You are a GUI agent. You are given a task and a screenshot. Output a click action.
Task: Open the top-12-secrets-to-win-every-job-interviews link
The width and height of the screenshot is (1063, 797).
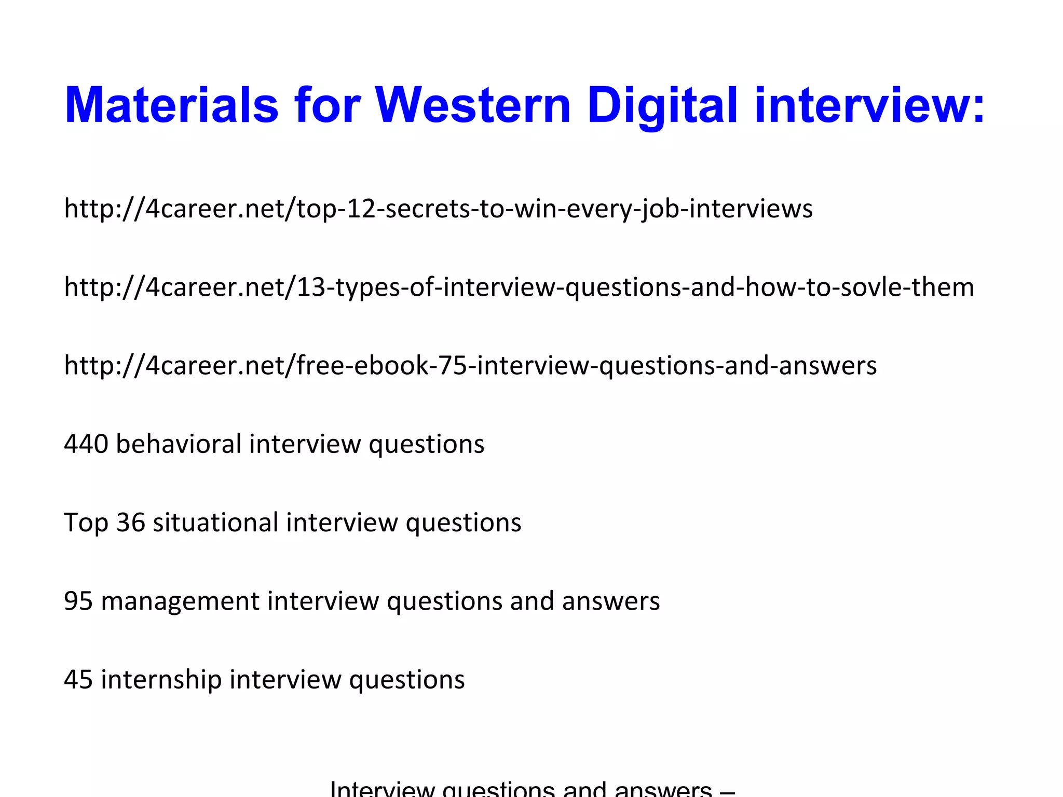(438, 209)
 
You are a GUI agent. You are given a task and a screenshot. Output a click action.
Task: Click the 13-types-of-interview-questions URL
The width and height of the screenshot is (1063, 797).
(519, 287)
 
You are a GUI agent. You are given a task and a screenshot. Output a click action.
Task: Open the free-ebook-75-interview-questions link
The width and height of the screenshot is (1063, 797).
(470, 365)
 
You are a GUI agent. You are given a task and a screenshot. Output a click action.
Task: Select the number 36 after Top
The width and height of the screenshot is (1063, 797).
(130, 523)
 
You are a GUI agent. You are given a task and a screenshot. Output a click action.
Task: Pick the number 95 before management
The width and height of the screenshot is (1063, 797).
(78, 601)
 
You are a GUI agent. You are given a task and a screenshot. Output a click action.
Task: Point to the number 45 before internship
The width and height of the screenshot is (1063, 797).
(78, 680)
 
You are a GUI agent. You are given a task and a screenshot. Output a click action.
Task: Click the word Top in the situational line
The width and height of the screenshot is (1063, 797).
(86, 523)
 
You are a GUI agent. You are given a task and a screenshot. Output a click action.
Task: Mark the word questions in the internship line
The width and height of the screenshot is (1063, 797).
(407, 680)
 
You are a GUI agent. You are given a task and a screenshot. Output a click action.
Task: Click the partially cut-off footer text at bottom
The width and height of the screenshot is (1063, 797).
(532, 789)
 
